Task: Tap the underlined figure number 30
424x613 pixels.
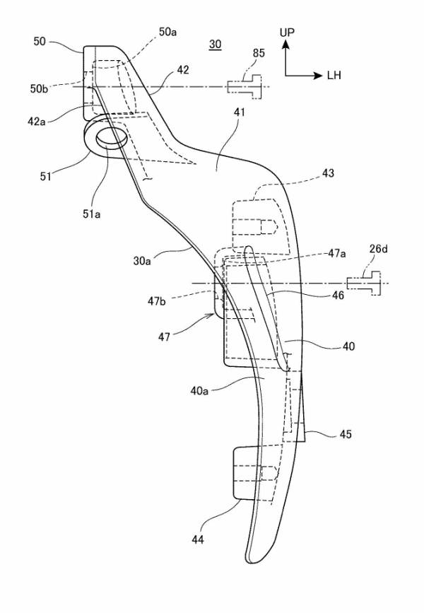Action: coord(215,45)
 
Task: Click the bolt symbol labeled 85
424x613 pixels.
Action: coord(245,86)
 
